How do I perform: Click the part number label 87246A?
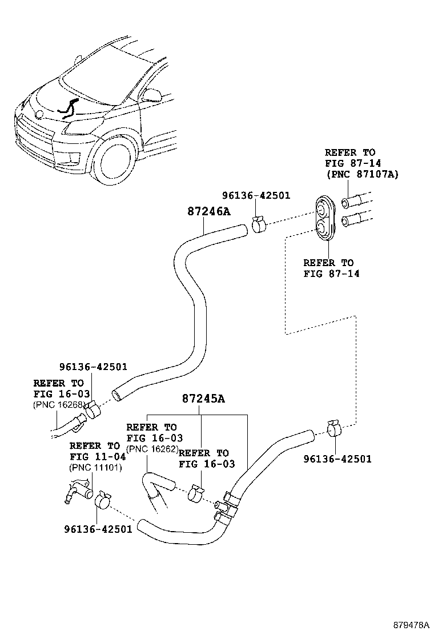[208, 211]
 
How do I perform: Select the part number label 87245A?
[203, 399]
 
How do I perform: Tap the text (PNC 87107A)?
[361, 174]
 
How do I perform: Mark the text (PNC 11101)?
[93, 468]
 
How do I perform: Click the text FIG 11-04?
[94, 457]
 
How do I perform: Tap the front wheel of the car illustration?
[116, 162]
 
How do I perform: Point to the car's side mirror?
[153, 94]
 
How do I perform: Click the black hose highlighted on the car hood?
[70, 108]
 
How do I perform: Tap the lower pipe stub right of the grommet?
[355, 220]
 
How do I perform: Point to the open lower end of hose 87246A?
[117, 395]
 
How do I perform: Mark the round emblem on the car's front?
[39, 114]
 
